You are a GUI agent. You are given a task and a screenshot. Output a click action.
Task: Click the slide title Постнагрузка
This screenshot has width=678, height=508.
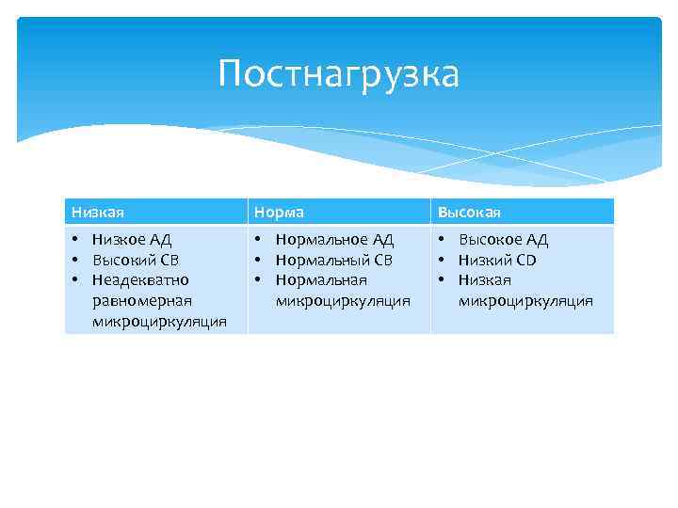point(338,73)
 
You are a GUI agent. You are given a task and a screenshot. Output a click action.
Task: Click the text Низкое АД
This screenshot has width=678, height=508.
point(131,240)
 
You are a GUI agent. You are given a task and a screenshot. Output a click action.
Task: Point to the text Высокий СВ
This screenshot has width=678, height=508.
point(135,260)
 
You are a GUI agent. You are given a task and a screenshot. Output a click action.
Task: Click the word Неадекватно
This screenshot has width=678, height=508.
point(140,279)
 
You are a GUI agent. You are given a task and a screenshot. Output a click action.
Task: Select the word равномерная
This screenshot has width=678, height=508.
point(142,300)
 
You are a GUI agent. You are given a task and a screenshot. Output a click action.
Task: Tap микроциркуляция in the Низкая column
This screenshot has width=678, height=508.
point(159,321)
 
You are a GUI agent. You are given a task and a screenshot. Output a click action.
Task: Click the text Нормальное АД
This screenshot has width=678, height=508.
point(334,240)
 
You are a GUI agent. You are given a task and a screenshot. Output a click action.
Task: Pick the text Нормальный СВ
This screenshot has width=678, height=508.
point(333,260)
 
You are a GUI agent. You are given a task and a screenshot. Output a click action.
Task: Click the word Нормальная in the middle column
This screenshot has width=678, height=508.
point(321,279)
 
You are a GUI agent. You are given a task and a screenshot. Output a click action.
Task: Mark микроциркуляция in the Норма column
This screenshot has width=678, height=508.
point(343,300)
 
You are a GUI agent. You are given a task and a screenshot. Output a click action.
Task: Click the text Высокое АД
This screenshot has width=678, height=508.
point(503,240)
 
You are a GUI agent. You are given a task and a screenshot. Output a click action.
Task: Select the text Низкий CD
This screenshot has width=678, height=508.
point(497,260)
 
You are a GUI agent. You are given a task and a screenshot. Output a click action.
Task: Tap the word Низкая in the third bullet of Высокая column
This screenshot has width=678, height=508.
point(485,279)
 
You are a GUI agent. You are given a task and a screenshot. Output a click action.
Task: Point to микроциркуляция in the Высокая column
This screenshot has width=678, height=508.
point(525,300)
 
